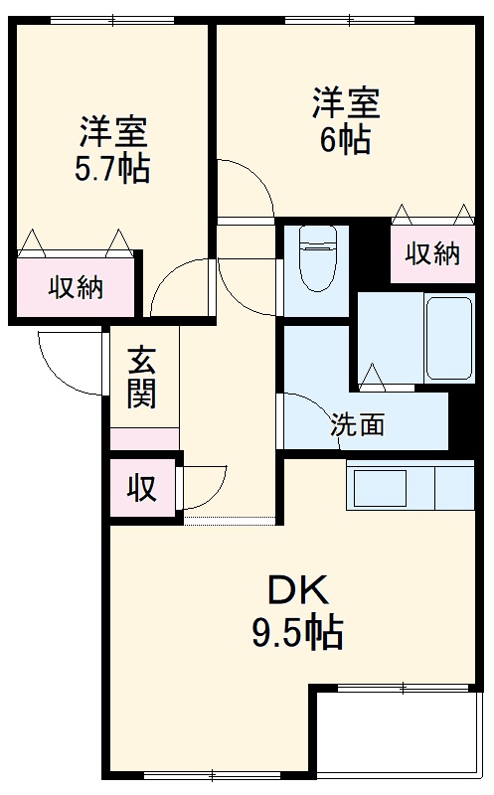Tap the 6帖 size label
pos(345,139)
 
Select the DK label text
pos(296,593)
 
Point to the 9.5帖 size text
pos(296,632)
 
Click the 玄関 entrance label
pos(142,379)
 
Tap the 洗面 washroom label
pos(357,425)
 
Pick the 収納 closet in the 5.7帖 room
pos(77,288)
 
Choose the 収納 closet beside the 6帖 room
pos(432,254)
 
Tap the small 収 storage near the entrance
pos(142,489)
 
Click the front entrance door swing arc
pos(72,363)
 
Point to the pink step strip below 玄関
pos(144,438)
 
